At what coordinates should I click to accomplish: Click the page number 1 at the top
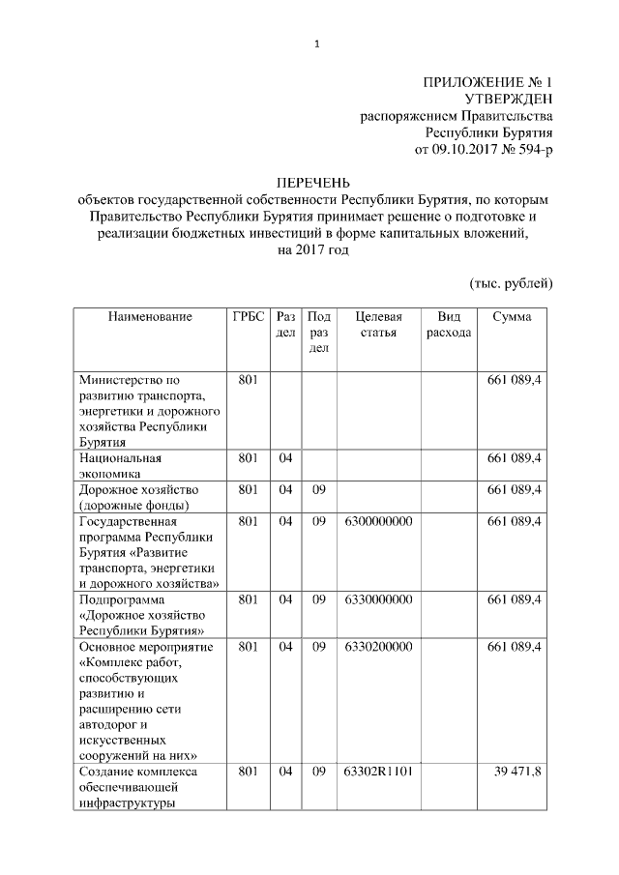(315, 43)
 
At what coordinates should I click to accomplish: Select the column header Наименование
(150, 317)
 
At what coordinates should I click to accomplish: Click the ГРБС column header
(249, 317)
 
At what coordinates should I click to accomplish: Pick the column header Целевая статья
(378, 325)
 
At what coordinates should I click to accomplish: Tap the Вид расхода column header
(449, 325)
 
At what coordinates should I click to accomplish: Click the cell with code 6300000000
(378, 522)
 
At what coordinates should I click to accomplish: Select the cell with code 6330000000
(378, 600)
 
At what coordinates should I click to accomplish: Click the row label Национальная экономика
(121, 465)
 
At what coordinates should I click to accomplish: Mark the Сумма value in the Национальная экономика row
(514, 457)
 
